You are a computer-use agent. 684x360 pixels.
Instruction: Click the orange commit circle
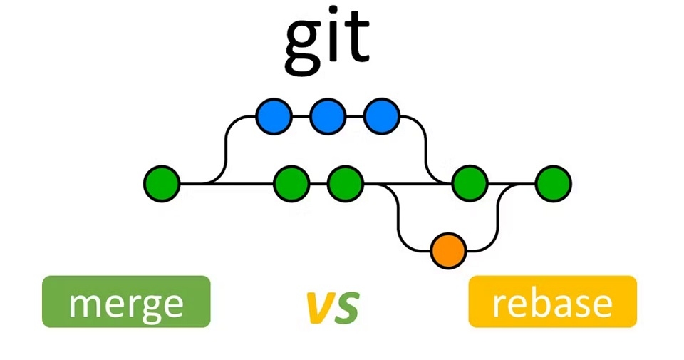[x=448, y=250]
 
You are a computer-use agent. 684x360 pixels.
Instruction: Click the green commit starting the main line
[x=162, y=184]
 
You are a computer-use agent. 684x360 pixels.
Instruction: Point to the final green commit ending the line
[x=553, y=184]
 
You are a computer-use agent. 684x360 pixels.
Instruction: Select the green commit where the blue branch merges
[x=470, y=184]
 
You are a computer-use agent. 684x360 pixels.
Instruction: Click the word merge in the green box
[x=126, y=302]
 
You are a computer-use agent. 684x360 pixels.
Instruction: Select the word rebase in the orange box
[x=552, y=302]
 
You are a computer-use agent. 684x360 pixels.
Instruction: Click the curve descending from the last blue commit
[x=426, y=150]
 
